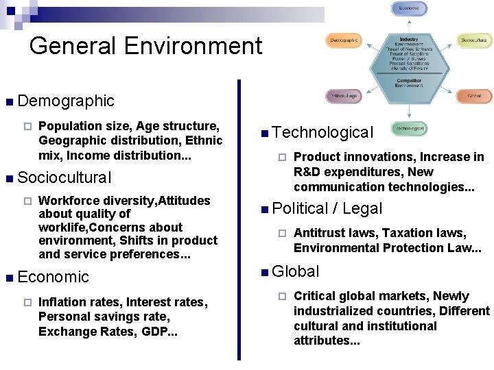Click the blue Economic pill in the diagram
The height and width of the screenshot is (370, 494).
pyautogui.click(x=410, y=9)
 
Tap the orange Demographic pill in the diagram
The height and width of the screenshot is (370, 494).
pyautogui.click(x=343, y=41)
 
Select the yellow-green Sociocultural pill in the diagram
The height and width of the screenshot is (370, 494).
pyautogui.click(x=475, y=41)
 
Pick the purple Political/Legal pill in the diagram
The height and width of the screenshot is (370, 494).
pyautogui.click(x=343, y=96)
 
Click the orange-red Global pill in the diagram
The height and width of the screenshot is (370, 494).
pyautogui.click(x=475, y=96)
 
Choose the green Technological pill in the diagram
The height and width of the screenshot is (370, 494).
pyautogui.click(x=409, y=128)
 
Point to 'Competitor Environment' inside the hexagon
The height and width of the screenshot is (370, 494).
pyautogui.click(x=409, y=84)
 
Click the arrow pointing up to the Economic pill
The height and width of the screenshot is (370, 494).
pyautogui.click(x=410, y=23)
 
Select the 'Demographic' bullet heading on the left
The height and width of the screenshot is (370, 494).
pyautogui.click(x=66, y=101)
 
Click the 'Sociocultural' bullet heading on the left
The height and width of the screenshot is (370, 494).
pyautogui.click(x=64, y=177)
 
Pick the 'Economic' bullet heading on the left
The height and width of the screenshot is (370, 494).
pyautogui.click(x=54, y=277)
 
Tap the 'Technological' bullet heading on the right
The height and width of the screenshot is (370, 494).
pyautogui.click(x=322, y=132)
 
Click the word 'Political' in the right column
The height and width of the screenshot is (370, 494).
pyautogui.click(x=299, y=208)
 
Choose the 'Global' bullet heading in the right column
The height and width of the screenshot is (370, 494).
pyautogui.click(x=296, y=271)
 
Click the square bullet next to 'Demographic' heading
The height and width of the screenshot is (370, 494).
pyautogui.click(x=8, y=102)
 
